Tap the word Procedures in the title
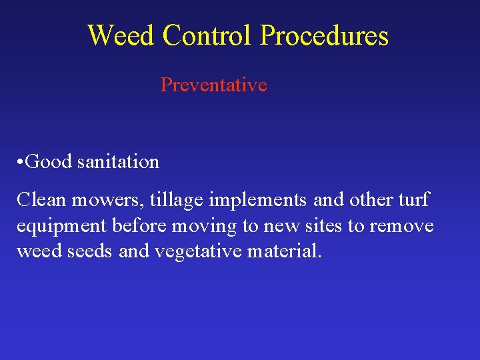coord(325,35)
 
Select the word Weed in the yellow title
coord(121,35)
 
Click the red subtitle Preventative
coord(213,85)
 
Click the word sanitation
coord(118,162)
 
